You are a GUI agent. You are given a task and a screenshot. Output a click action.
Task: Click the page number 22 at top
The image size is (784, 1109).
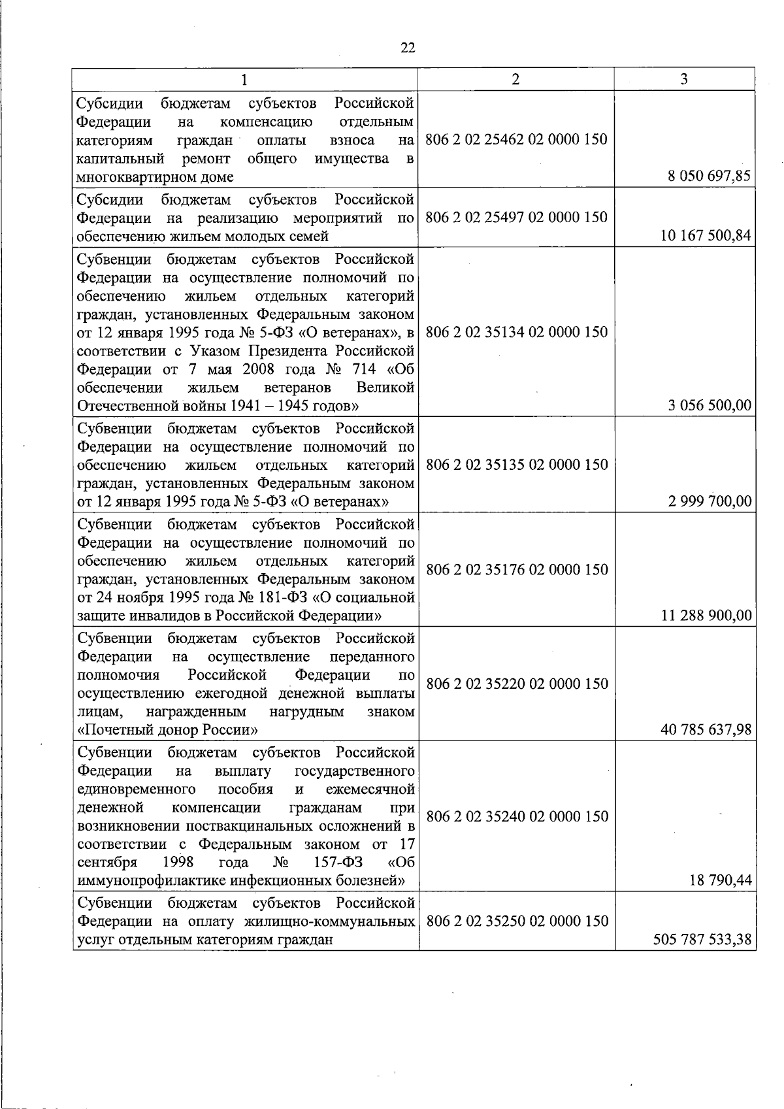coord(408,48)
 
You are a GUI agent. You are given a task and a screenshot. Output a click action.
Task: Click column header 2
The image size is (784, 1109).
coord(515,79)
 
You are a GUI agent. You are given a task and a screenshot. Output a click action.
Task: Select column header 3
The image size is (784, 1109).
coord(684,79)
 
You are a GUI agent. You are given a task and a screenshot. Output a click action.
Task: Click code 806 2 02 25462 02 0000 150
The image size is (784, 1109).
coord(516,139)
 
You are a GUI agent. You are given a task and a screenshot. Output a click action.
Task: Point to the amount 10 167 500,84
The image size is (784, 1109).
coord(706,236)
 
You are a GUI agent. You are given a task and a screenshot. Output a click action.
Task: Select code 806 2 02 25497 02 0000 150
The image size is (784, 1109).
coord(516,217)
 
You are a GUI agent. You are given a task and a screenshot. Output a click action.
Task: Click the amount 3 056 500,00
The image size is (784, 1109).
coord(709,405)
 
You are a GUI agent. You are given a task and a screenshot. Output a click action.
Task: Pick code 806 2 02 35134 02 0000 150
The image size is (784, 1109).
coord(516,332)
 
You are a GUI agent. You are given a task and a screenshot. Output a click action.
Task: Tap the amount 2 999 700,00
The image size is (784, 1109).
coord(709,501)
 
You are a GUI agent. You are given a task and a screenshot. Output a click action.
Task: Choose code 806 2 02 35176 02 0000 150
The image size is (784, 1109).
coord(516,569)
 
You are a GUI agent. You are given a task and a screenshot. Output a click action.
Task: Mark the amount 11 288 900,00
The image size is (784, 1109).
coord(706,616)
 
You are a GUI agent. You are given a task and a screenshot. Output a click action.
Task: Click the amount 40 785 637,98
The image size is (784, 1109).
coord(706,729)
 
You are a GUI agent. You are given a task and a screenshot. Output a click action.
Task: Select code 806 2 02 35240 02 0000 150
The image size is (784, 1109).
coord(516,816)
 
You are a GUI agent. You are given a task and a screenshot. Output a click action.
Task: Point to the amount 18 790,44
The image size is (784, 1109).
coord(721,881)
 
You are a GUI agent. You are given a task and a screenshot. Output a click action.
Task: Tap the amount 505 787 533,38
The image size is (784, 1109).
coord(702,940)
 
